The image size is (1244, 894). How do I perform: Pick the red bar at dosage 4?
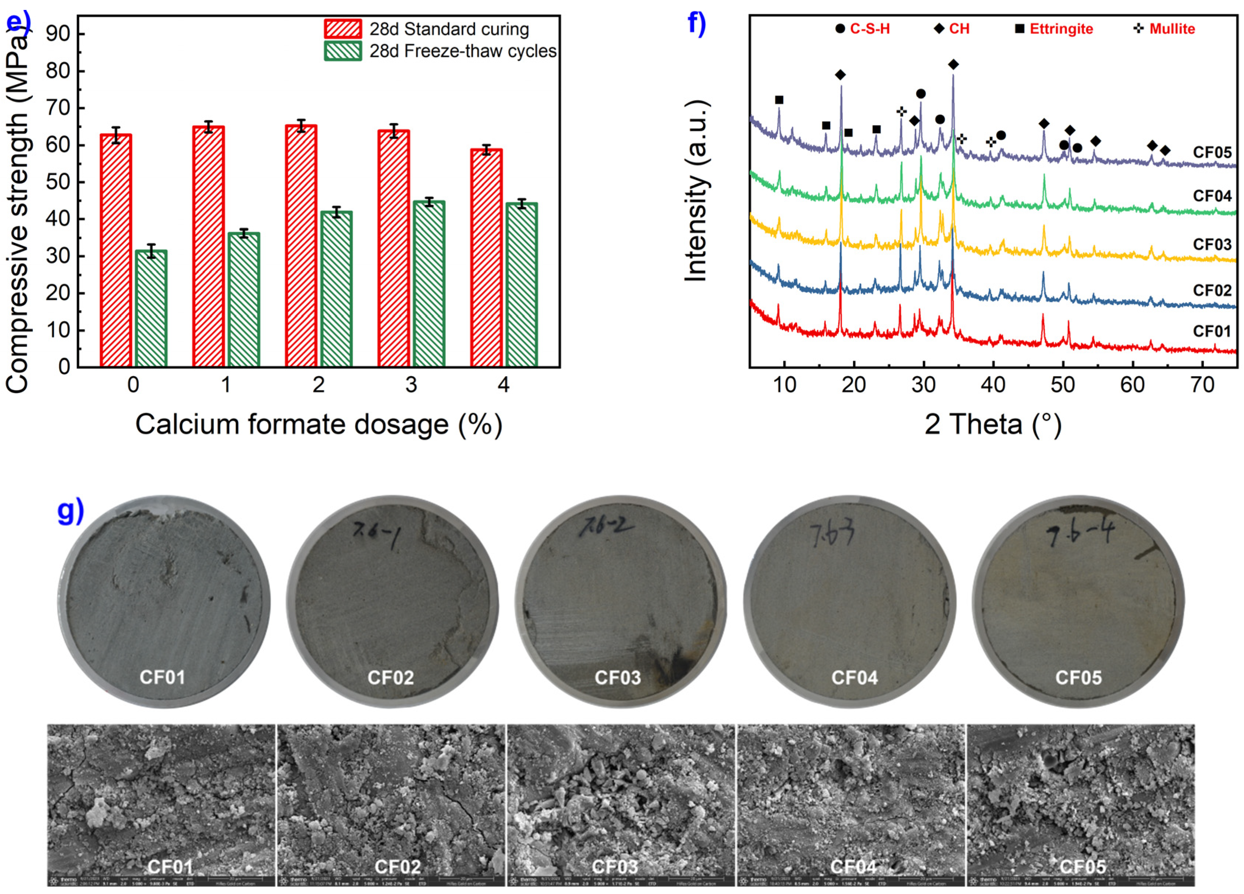[486, 258]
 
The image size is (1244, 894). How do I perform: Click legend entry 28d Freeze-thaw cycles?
[462, 51]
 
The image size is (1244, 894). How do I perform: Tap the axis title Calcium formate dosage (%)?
[319, 424]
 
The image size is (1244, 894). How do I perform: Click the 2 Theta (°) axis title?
[993, 424]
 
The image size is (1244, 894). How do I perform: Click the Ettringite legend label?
[1061, 29]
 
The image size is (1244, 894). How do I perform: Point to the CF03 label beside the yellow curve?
[1212, 244]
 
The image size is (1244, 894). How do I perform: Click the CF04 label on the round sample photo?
[854, 678]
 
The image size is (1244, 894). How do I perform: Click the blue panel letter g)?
[71, 510]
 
